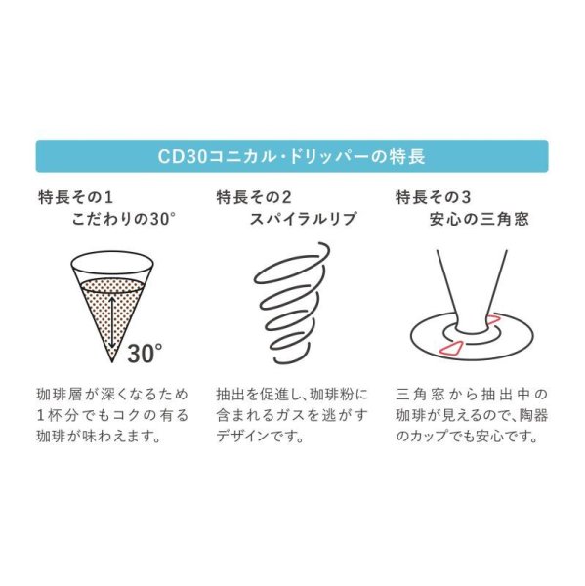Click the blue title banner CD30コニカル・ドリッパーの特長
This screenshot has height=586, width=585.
click(292, 156)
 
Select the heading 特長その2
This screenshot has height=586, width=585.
click(253, 197)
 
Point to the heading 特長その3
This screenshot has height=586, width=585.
click(431, 197)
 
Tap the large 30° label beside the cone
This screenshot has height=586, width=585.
click(144, 352)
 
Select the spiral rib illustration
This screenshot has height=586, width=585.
click(289, 305)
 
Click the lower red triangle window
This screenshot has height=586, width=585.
click(454, 348)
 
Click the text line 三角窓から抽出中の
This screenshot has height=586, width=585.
click(470, 397)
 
